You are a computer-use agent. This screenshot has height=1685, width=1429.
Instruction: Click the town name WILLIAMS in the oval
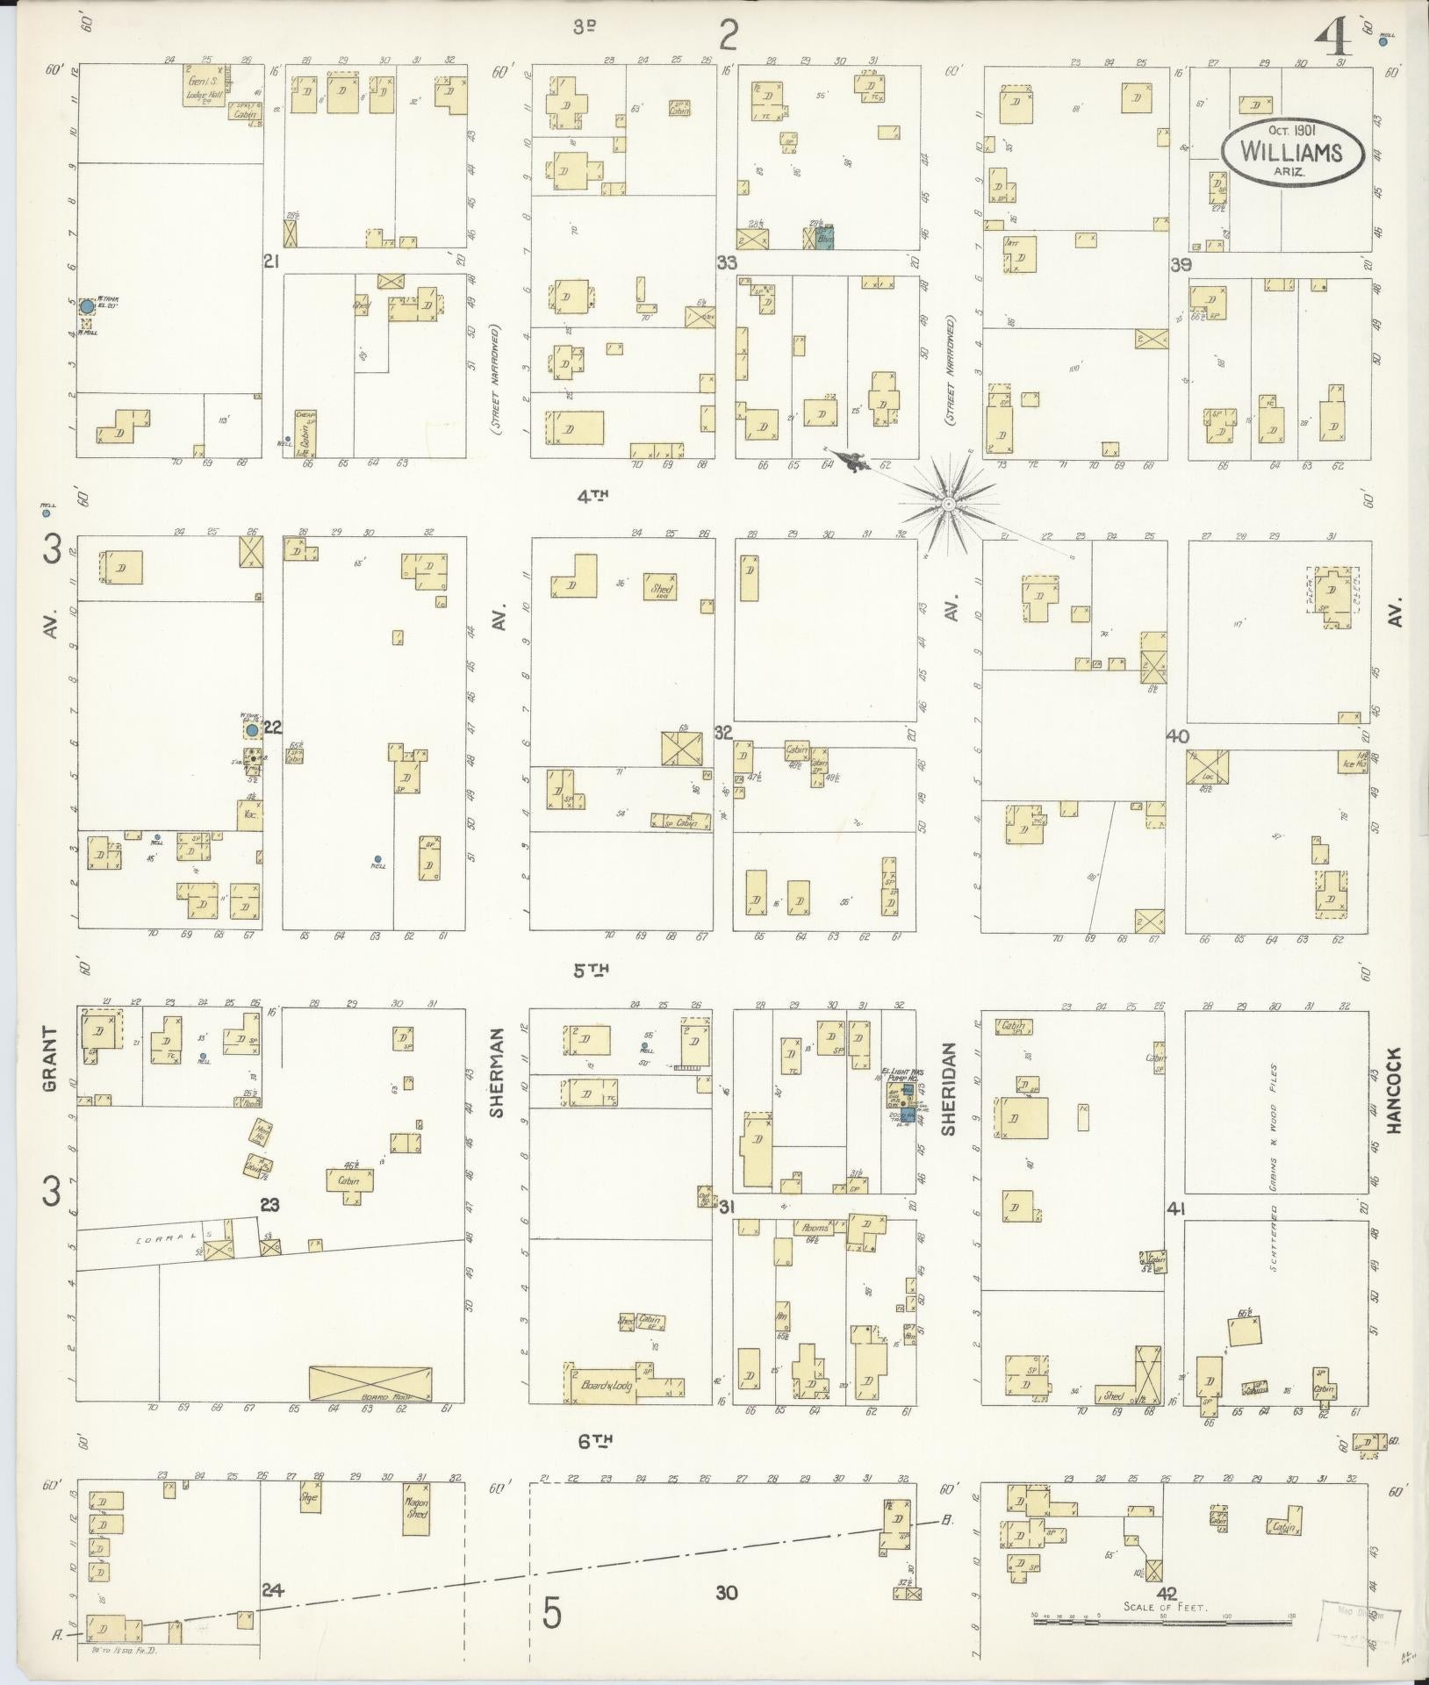click(x=1291, y=152)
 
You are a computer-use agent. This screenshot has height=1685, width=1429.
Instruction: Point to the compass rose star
click(x=948, y=505)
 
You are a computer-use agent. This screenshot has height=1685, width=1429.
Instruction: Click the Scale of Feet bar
click(x=1162, y=1622)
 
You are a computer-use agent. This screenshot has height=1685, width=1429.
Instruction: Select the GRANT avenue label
click(x=50, y=1060)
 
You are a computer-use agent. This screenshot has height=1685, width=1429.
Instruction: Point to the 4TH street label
click(x=592, y=495)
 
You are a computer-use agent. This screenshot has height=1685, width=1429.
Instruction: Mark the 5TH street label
click(x=591, y=970)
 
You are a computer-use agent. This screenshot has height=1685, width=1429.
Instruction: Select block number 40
click(x=1176, y=735)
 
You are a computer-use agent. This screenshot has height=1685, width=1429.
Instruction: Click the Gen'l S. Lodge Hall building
click(x=205, y=85)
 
